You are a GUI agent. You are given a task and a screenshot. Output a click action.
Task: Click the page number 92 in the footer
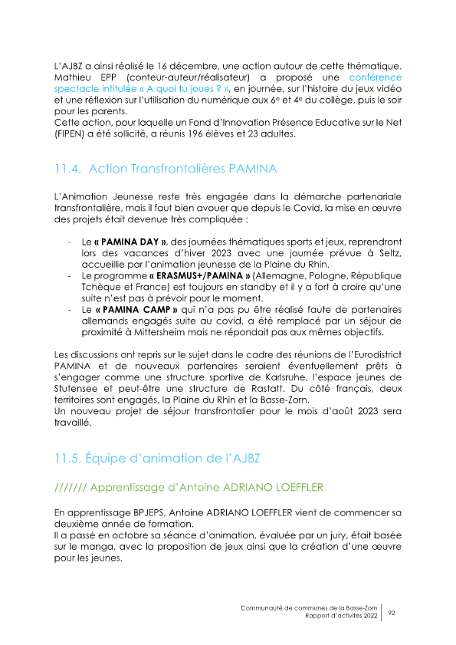pyautogui.click(x=392, y=612)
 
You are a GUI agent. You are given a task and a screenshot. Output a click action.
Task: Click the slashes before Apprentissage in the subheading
pyautogui.click(x=72, y=487)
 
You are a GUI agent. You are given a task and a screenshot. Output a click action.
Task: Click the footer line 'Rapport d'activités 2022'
pyautogui.click(x=340, y=616)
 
